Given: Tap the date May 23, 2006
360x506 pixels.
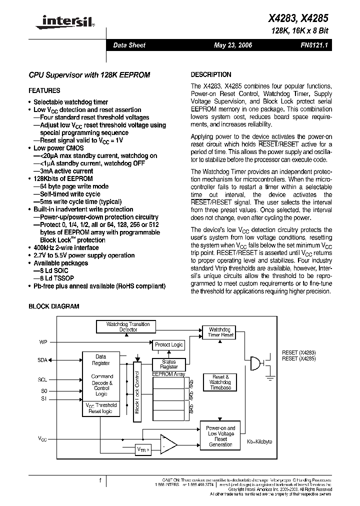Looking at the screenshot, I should (x=232, y=45).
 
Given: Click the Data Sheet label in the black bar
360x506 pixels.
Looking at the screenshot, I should (x=129, y=45).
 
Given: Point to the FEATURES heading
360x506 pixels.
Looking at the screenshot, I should (x=44, y=91).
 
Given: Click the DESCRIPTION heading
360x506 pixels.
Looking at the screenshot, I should (x=211, y=74).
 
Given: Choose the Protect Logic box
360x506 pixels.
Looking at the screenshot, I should (x=169, y=345).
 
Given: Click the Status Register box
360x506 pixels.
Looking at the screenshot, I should (x=169, y=364).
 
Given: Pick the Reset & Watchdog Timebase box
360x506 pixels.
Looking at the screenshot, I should (x=220, y=382).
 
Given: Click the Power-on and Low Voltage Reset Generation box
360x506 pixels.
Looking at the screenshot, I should (x=220, y=436).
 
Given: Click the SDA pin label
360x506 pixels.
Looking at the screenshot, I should (x=42, y=360).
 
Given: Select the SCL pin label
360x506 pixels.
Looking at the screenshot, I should (x=42, y=379).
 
